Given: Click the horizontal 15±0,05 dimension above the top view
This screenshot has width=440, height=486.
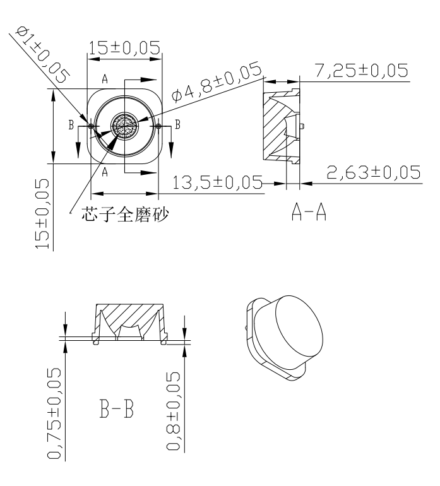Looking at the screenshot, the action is pyautogui.click(x=124, y=48).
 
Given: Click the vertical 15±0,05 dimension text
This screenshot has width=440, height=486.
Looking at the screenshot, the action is pyautogui.click(x=42, y=214).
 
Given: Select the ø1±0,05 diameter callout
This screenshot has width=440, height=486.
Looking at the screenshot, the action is pyautogui.click(x=43, y=54).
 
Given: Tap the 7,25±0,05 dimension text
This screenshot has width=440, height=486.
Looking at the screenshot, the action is pyautogui.click(x=362, y=70).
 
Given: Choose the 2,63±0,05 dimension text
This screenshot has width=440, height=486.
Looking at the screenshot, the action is pyautogui.click(x=374, y=172).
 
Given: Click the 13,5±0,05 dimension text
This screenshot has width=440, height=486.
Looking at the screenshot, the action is pyautogui.click(x=217, y=182).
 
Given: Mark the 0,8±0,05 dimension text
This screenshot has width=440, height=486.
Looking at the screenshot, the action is pyautogui.click(x=173, y=411).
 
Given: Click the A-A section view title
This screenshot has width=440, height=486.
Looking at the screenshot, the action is pyautogui.click(x=309, y=212).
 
